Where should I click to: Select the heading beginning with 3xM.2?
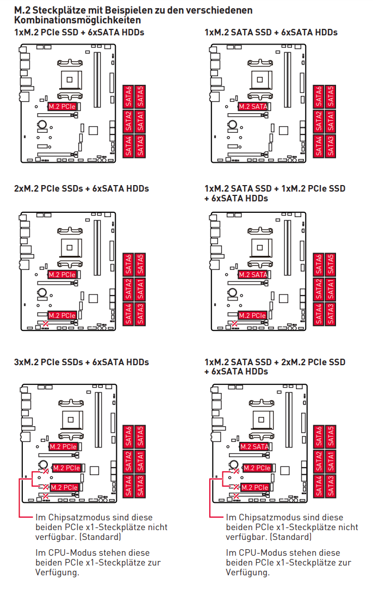[81, 362]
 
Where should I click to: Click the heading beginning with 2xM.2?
[81, 189]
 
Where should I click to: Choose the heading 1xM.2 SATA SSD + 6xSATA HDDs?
[271, 33]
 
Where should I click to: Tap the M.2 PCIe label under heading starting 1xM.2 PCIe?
[62, 107]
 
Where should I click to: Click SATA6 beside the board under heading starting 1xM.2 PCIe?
[129, 96]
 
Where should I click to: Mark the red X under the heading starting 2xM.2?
[46, 324]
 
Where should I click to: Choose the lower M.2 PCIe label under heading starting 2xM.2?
[62, 315]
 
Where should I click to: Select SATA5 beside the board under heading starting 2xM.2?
[140, 263]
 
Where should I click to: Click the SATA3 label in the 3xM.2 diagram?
[140, 485]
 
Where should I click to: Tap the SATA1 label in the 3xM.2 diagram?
[140, 461]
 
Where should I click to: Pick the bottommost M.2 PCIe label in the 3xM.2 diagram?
[65, 488]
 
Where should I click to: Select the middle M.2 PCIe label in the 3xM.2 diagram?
[67, 468]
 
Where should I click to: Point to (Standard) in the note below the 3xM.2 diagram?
[101, 537]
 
